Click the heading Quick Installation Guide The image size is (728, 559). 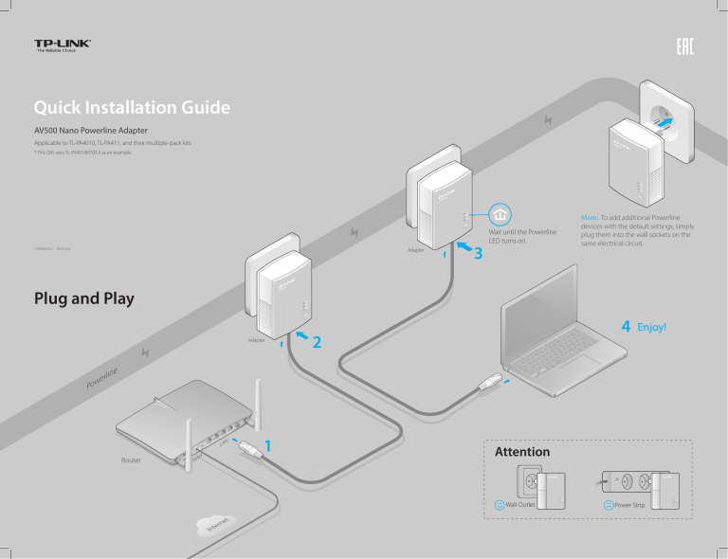pos(130,109)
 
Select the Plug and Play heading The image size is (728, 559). pos(82,298)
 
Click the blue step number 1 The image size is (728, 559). pos(269,445)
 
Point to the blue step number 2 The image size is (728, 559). pos(318,341)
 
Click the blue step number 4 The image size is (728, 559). pos(627,327)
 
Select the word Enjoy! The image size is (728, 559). pos(652,328)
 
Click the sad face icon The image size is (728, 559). pos(609,505)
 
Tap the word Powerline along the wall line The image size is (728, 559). pos(103,377)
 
